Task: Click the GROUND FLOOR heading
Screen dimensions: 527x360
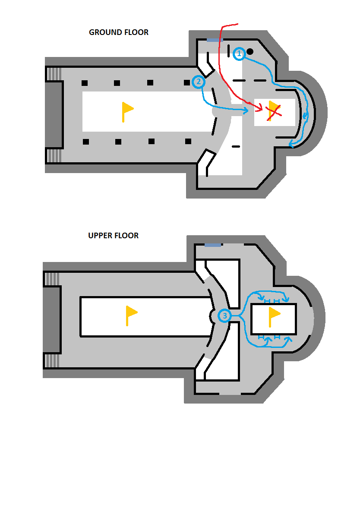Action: (x=118, y=32)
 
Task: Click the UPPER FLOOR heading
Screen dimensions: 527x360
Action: (x=113, y=236)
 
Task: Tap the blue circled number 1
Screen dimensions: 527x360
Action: (x=239, y=54)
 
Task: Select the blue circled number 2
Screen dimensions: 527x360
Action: (x=198, y=82)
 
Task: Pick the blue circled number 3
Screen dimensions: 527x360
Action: (x=224, y=316)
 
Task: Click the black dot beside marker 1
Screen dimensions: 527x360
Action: (x=250, y=51)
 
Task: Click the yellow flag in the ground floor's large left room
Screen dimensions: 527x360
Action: (x=127, y=111)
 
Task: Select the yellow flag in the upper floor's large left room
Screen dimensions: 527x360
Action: (x=131, y=315)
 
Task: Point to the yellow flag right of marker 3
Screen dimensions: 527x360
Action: (x=274, y=316)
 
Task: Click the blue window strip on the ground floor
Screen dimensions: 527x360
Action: (x=213, y=40)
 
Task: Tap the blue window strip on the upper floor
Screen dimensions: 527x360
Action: (x=212, y=245)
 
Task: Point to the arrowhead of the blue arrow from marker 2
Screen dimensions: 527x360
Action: (x=246, y=111)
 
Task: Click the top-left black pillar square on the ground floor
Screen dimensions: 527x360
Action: (x=85, y=83)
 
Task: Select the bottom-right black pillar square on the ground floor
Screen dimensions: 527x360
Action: (x=188, y=141)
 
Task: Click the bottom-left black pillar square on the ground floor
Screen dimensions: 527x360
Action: (x=86, y=142)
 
